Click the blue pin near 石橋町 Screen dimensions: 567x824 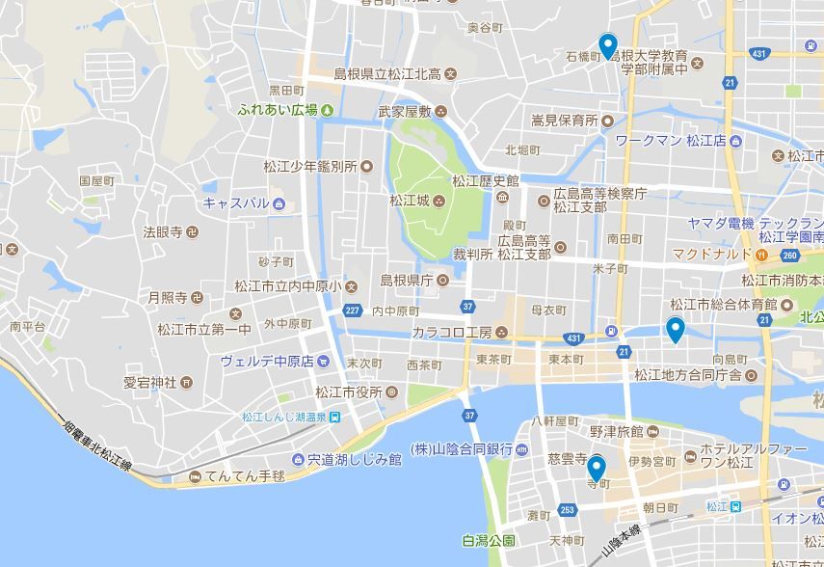pos(607,45)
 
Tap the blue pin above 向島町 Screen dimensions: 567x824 pos(676,330)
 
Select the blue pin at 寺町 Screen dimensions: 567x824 pos(597,470)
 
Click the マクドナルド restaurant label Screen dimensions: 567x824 pos(711,254)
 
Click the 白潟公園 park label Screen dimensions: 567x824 pos(490,540)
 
